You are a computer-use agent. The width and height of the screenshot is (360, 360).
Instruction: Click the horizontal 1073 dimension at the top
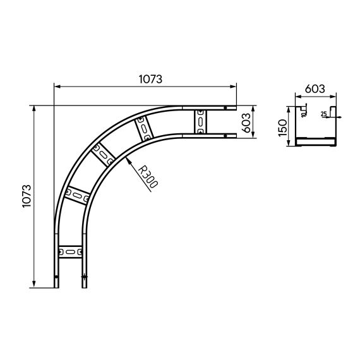[x=150, y=79]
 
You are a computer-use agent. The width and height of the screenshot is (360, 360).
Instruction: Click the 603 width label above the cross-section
[x=313, y=89]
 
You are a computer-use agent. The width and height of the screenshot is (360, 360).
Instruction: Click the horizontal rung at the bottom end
[x=69, y=253]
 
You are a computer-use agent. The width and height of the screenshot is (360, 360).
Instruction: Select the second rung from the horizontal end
[x=145, y=128]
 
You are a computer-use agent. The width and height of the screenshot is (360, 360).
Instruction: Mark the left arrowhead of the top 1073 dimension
[x=56, y=86]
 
